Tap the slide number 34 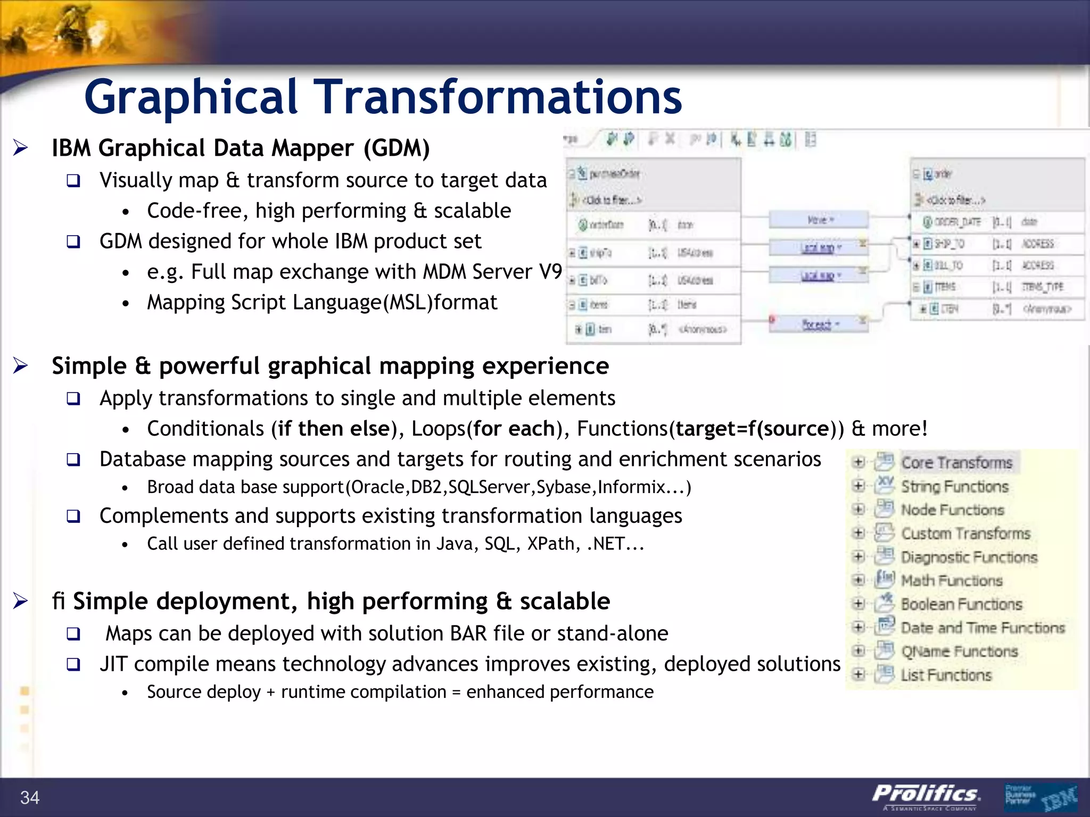(x=30, y=797)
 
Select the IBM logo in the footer (x=1059, y=798)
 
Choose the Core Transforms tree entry (x=956, y=463)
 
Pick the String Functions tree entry (x=954, y=486)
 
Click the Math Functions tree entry (x=951, y=580)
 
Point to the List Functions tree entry (x=946, y=675)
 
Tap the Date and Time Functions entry (x=982, y=628)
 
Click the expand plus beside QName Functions (x=858, y=651)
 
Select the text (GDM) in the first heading (x=397, y=148)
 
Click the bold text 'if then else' (x=334, y=429)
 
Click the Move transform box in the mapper (x=818, y=220)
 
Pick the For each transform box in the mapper (x=818, y=324)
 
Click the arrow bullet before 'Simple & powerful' (x=21, y=366)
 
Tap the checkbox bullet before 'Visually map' (x=73, y=181)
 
